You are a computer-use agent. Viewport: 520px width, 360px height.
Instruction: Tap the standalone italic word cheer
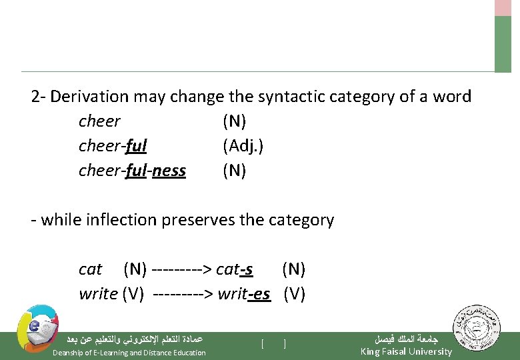(x=99, y=121)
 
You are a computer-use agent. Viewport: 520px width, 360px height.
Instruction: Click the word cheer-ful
(x=113, y=146)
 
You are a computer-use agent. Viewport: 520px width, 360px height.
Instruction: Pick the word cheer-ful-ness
(x=132, y=171)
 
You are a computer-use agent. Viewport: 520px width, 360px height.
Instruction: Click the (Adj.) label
(x=243, y=146)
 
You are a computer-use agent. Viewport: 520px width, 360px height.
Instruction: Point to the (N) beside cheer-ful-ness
(x=235, y=171)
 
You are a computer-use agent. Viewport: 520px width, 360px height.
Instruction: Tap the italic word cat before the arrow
(x=90, y=269)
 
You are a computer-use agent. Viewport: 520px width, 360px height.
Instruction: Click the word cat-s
(x=235, y=269)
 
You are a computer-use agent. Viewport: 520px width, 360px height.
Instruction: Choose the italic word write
(x=98, y=294)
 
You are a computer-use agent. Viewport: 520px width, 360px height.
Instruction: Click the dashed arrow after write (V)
(x=183, y=294)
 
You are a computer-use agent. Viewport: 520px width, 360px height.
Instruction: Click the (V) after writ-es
(x=295, y=294)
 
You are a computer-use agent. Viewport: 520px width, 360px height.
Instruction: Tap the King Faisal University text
(x=405, y=351)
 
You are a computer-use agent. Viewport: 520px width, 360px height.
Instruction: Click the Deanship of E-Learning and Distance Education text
(x=129, y=353)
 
